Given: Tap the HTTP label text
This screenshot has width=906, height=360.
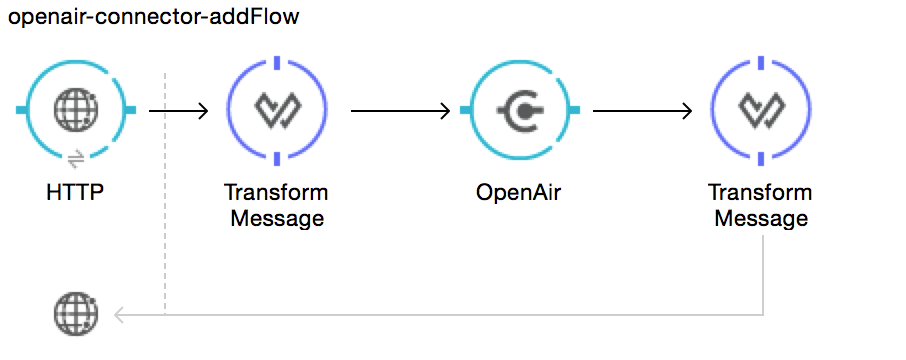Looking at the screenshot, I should click(x=76, y=192).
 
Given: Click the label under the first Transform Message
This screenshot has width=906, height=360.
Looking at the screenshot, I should click(x=276, y=205).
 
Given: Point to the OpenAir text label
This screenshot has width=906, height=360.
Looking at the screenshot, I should click(x=519, y=192).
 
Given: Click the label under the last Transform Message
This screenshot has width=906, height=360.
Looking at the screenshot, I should click(x=760, y=205).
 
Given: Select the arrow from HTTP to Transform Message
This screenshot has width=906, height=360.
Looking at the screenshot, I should click(x=178, y=110).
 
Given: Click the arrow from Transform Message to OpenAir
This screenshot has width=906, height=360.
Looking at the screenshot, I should click(x=400, y=110).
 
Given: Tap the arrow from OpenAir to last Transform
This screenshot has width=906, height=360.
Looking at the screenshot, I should click(x=642, y=110).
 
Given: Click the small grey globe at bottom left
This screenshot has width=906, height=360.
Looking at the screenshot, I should click(x=76, y=315).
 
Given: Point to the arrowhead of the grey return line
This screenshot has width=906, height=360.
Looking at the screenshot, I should click(x=119, y=315).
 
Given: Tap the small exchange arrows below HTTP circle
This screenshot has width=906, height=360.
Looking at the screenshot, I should click(x=76, y=158).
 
